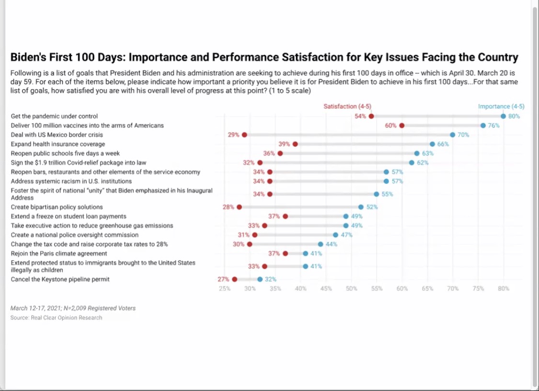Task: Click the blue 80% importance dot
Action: click(x=503, y=116)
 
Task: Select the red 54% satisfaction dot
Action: click(x=371, y=116)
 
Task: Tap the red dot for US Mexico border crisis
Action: click(x=244, y=135)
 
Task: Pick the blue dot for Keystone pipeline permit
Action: click(x=260, y=279)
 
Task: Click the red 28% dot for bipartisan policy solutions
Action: click(x=239, y=207)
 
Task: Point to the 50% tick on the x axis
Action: click(x=351, y=288)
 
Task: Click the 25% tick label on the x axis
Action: click(x=224, y=288)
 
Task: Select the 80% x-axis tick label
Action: click(x=504, y=288)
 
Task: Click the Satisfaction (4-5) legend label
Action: click(x=347, y=106)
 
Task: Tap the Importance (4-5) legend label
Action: click(x=501, y=106)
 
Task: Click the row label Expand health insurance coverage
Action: click(x=58, y=144)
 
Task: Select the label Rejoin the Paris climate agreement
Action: click(x=59, y=253)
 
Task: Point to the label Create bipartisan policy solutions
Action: click(x=57, y=207)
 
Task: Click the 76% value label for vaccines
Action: click(x=493, y=126)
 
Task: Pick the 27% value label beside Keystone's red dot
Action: click(x=223, y=279)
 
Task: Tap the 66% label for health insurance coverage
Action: click(x=443, y=144)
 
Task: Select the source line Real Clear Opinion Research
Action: click(x=57, y=318)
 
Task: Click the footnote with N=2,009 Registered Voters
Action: click(x=73, y=308)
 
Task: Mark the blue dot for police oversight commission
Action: click(x=336, y=235)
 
